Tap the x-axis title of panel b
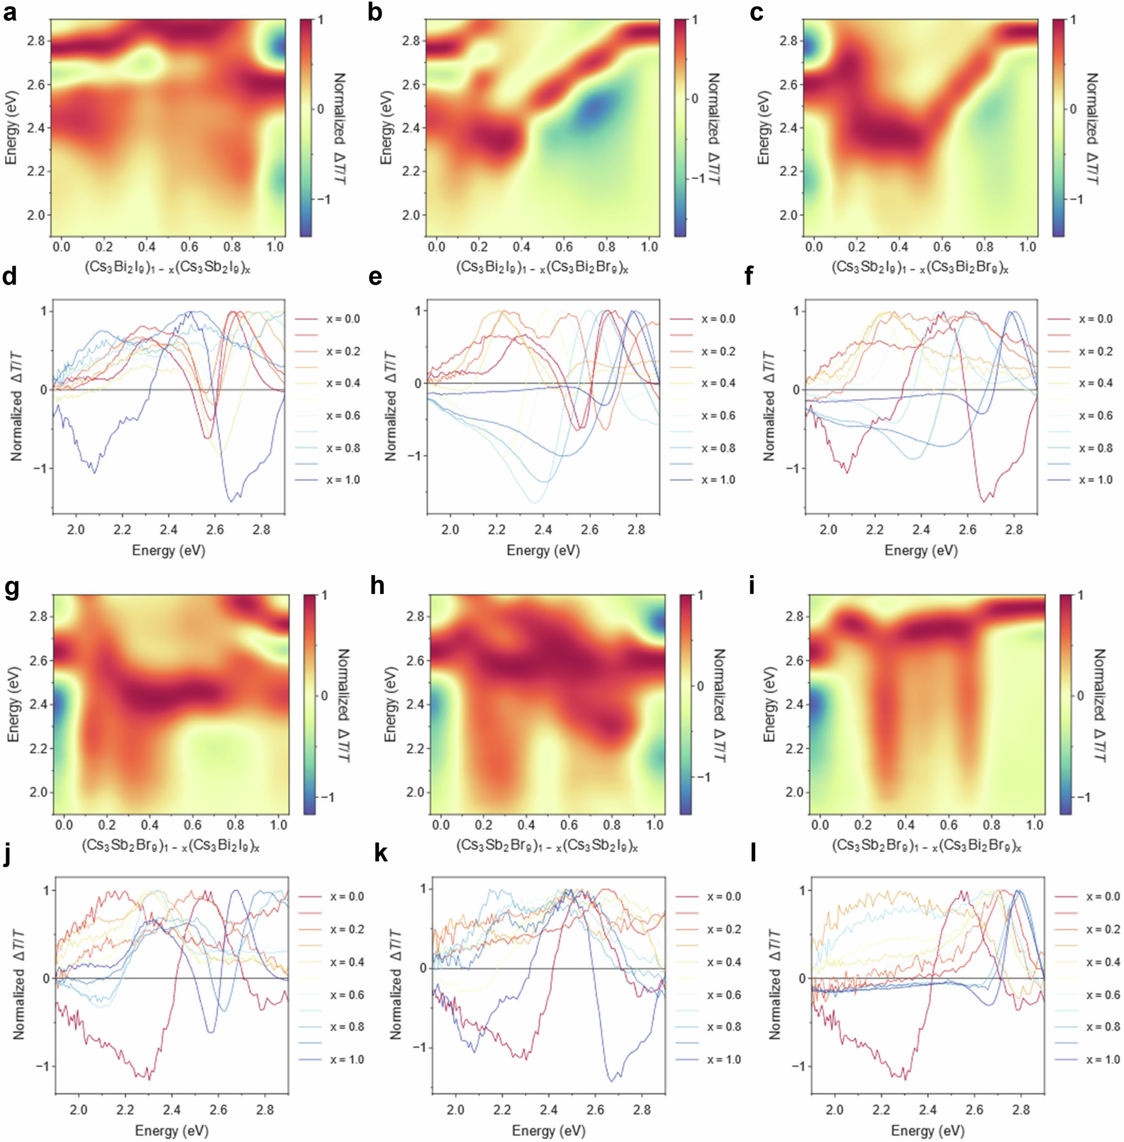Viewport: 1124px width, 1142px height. tap(542, 267)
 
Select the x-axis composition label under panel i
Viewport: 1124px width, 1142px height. tap(926, 845)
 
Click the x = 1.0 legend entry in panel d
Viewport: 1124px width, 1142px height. tap(343, 480)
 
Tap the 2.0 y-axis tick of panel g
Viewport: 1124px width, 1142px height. tap(37, 792)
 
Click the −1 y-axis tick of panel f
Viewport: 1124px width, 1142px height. tap(794, 468)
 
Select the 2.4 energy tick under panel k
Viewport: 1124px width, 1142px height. tap(549, 1093)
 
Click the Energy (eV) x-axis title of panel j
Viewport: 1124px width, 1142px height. tap(172, 1114)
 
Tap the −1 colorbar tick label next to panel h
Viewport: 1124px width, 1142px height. tap(703, 777)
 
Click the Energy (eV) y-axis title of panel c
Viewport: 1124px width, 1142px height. tap(764, 128)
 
